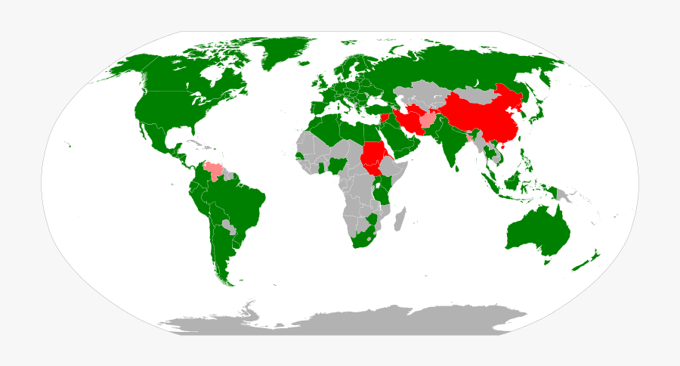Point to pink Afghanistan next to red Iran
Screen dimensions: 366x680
coord(428,119)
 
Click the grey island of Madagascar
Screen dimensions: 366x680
coord(400,219)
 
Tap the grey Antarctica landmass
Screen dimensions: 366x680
coord(340,321)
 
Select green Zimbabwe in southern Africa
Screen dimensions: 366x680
coord(371,220)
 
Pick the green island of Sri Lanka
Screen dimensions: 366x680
coord(458,167)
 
